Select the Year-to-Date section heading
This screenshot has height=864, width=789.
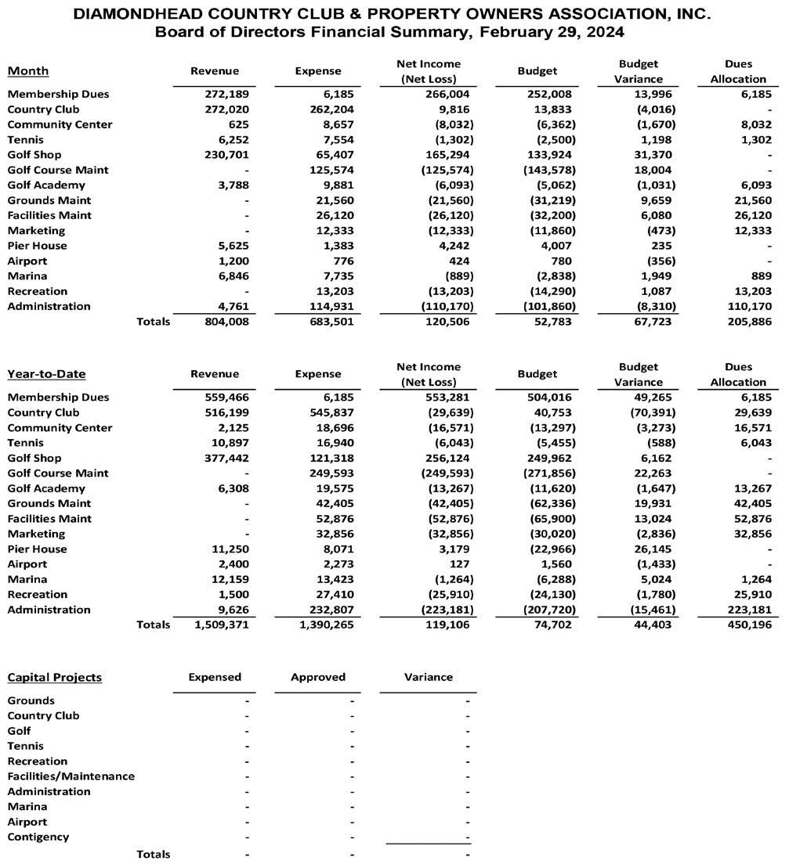(x=46, y=374)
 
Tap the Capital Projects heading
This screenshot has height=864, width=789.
(x=54, y=677)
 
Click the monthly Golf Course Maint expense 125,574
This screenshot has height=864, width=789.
(x=328, y=170)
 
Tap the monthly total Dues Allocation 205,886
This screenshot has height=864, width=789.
(x=747, y=322)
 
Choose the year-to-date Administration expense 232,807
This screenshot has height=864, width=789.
(x=328, y=610)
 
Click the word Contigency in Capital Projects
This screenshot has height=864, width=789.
(x=38, y=837)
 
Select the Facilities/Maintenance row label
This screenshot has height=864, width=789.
(x=71, y=776)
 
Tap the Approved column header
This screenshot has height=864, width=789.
(x=318, y=677)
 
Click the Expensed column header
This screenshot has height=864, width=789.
(x=215, y=677)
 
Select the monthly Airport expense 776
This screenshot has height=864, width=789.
(x=342, y=261)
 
